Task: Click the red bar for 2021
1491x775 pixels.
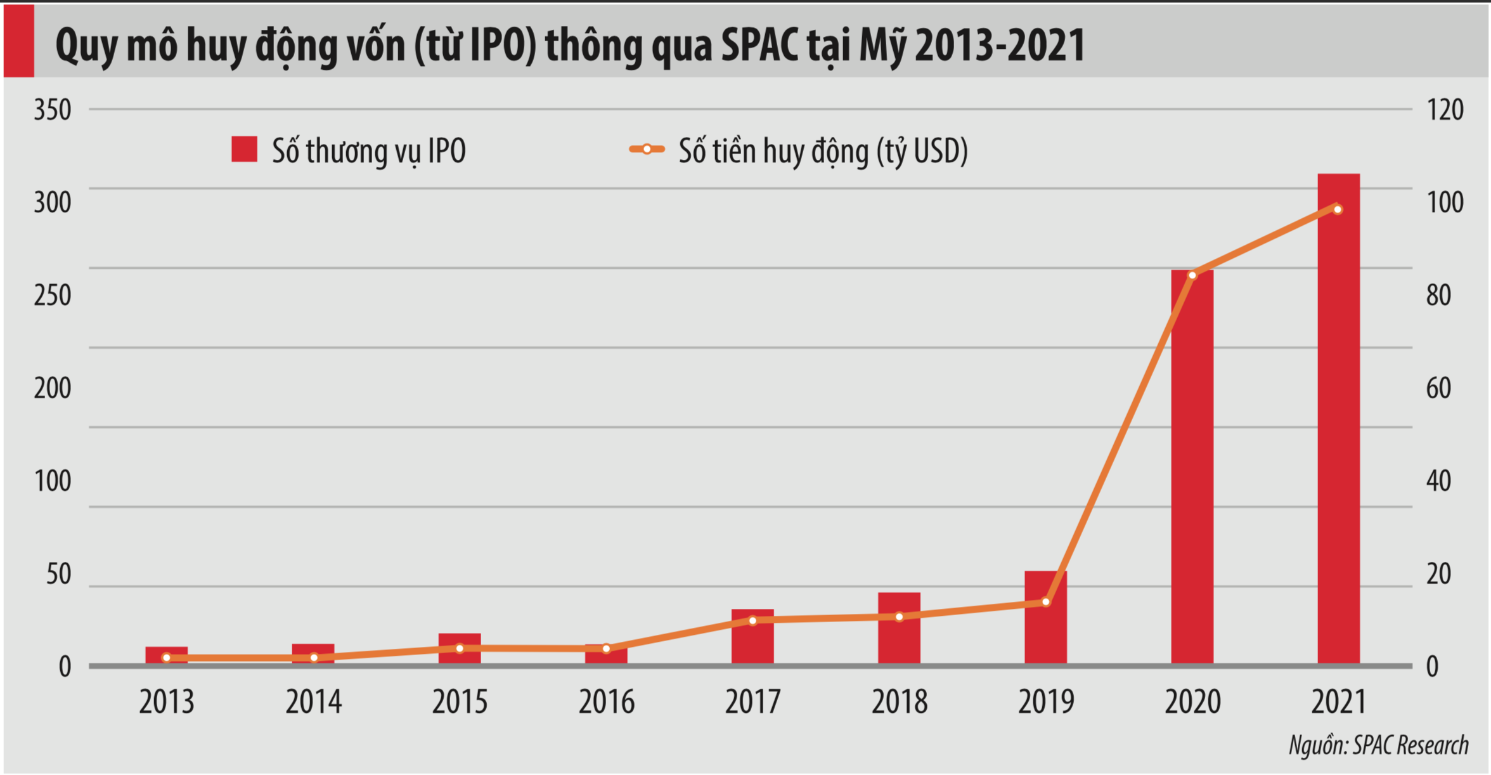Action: pos(1338,419)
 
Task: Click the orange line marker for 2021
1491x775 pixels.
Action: pos(1338,209)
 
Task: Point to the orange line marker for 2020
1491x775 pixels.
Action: pos(1192,275)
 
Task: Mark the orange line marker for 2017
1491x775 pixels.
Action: pos(752,620)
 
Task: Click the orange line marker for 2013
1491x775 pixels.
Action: pos(167,658)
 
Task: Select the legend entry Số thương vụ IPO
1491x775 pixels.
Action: pos(349,151)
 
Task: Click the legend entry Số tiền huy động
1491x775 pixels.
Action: pos(799,151)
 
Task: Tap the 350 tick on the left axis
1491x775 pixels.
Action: pos(53,110)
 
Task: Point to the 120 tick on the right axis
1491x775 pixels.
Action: pos(1445,110)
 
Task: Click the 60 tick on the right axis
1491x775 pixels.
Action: pos(1438,388)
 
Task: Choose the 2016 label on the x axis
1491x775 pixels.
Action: pos(606,702)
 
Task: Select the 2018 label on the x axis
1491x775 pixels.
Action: pos(899,702)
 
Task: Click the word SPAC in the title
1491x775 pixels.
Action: pos(760,46)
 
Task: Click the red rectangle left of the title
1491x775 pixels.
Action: pos(18,41)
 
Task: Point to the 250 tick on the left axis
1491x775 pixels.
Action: pos(53,296)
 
